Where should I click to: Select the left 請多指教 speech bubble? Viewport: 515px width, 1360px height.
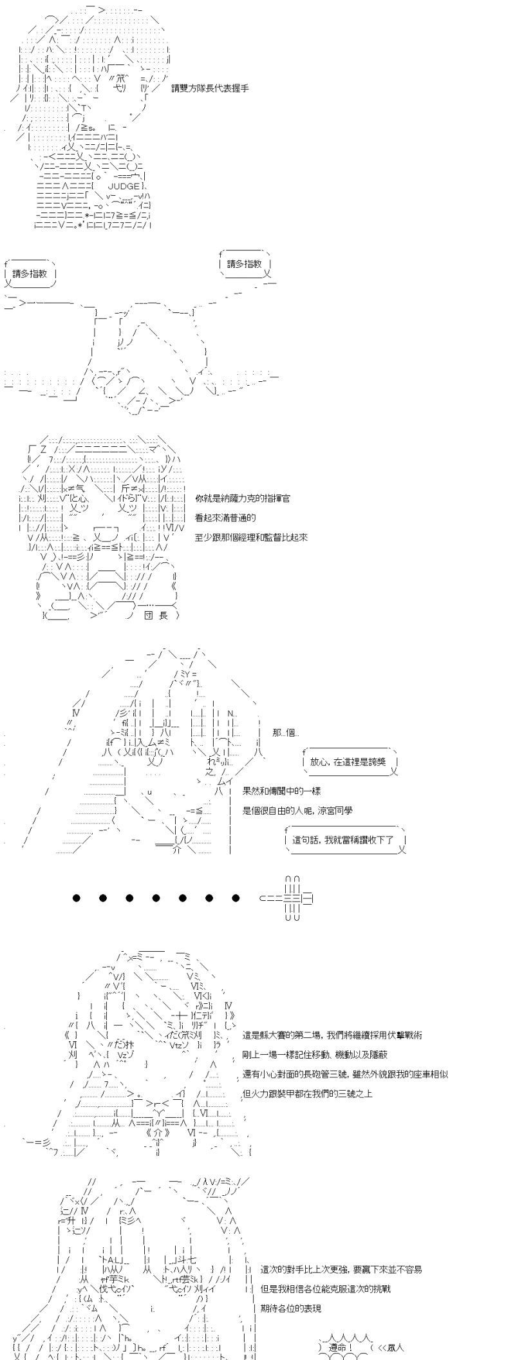[30, 274]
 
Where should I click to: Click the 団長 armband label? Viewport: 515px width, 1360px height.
[154, 615]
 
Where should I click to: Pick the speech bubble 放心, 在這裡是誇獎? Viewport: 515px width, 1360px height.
[350, 762]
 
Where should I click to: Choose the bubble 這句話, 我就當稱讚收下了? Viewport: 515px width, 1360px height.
[346, 840]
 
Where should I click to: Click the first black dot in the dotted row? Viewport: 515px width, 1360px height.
[77, 898]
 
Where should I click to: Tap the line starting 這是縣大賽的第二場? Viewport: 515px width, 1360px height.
[333, 1035]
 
